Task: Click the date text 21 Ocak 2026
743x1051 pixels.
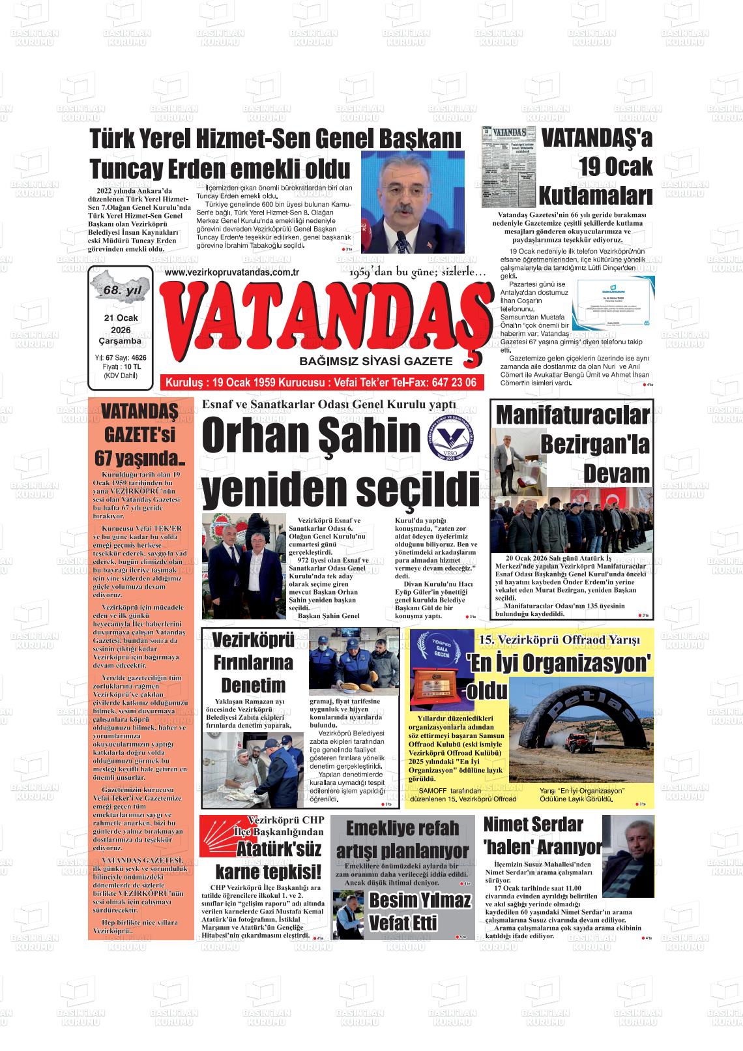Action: pyautogui.click(x=121, y=324)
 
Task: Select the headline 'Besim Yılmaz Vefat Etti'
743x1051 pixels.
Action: pyautogui.click(x=420, y=911)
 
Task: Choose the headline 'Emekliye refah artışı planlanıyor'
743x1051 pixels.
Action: pyautogui.click(x=402, y=839)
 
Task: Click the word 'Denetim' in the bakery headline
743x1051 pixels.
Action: pyautogui.click(x=254, y=686)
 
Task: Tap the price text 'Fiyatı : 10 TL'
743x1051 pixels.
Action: pyautogui.click(x=121, y=367)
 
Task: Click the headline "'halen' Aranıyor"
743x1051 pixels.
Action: pyautogui.click(x=542, y=847)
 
